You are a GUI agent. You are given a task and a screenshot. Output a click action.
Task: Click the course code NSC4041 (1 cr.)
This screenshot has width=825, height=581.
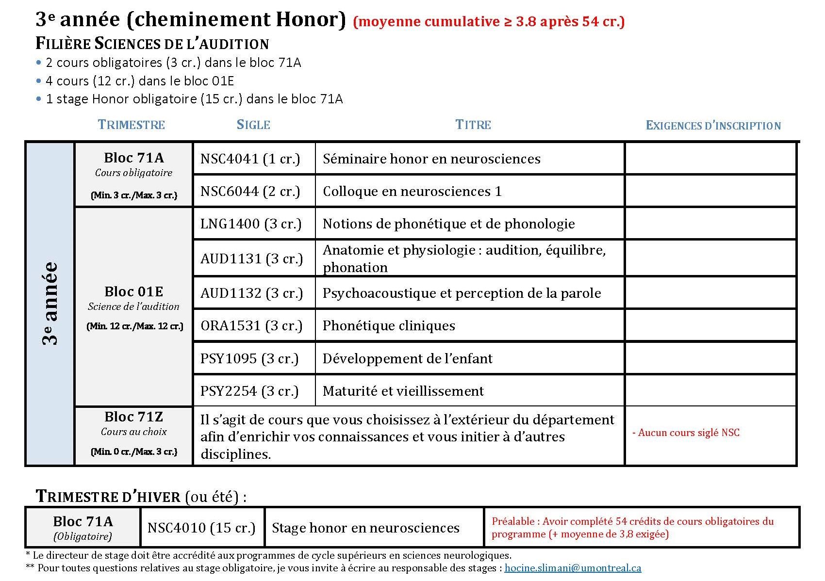click(x=250, y=159)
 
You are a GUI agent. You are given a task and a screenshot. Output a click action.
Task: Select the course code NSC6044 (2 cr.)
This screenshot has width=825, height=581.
click(x=250, y=192)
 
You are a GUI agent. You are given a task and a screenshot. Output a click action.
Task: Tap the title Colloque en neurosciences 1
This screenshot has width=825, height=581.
click(x=412, y=192)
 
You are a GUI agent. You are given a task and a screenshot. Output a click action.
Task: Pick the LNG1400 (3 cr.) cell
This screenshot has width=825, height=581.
click(x=251, y=224)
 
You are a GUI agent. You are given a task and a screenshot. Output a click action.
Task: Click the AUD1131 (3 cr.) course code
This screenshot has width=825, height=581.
click(x=251, y=258)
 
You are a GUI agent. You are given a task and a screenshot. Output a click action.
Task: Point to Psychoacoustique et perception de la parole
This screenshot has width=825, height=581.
click(x=462, y=293)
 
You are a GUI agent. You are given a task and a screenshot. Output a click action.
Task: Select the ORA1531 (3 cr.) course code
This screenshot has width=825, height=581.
click(x=251, y=326)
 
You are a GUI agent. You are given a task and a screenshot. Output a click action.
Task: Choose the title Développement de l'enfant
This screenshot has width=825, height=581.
click(x=407, y=359)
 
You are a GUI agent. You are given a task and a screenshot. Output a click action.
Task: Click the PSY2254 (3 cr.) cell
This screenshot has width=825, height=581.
click(x=249, y=391)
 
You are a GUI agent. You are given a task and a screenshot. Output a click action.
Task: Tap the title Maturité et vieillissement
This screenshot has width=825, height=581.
click(x=403, y=391)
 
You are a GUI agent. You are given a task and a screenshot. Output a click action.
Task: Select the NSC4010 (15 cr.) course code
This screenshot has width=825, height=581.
click(x=201, y=528)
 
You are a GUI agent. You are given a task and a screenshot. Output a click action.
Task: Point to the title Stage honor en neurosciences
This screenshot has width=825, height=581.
click(x=365, y=528)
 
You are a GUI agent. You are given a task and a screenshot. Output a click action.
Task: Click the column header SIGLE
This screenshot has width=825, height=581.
click(x=253, y=125)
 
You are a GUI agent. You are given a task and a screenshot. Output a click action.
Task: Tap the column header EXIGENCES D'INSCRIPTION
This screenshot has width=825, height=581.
click(x=713, y=126)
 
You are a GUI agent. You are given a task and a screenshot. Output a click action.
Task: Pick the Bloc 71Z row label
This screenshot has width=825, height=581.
click(x=133, y=417)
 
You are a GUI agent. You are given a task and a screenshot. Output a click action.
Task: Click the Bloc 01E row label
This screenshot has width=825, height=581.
click(x=133, y=292)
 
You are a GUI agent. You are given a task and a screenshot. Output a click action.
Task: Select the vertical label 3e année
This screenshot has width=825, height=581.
click(x=50, y=303)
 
